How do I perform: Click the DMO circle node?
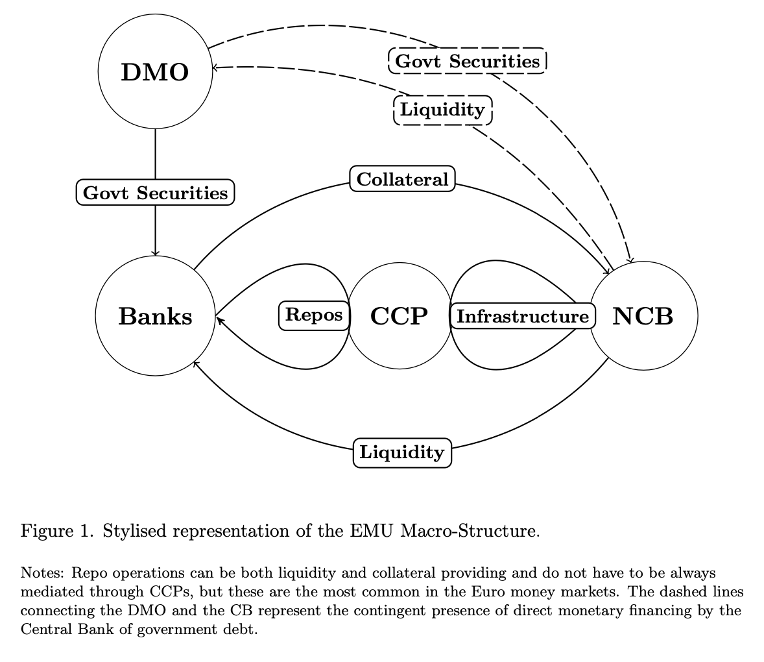coord(154,72)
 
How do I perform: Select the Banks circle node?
coord(155,316)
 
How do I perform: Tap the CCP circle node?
coord(399,316)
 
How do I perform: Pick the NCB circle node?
coord(643,316)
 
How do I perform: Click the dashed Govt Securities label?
coord(467,61)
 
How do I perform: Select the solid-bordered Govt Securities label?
coord(155,193)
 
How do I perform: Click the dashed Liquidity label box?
coord(442,110)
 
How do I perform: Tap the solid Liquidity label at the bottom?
coord(401,452)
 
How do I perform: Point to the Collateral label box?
coord(402,179)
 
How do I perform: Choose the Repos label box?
coord(314,315)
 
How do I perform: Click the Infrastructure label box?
coord(521,316)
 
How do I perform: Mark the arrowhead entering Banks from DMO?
coord(155,252)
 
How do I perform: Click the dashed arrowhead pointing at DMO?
coord(216,67)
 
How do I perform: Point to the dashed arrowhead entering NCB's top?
coord(628,260)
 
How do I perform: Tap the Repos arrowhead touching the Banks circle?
coord(219,319)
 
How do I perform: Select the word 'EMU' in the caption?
coord(374,532)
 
